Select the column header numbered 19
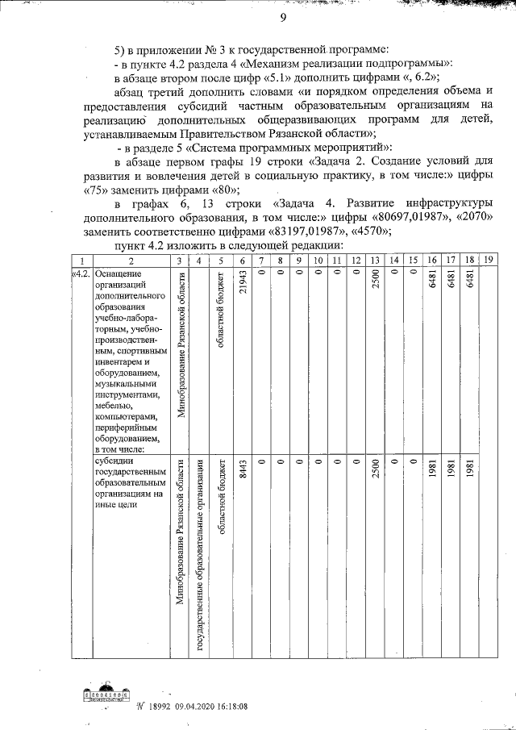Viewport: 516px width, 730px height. (x=488, y=261)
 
